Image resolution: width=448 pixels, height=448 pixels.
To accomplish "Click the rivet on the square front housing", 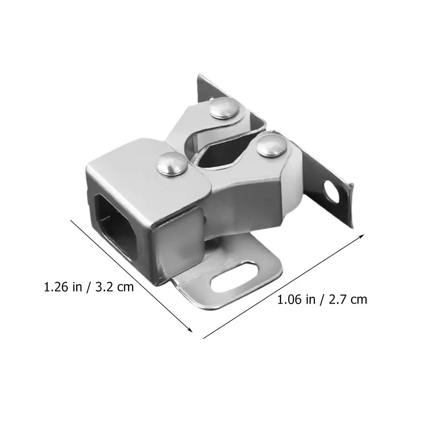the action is (x=173, y=164).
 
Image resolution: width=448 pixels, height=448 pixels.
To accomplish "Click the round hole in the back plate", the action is (x=331, y=192).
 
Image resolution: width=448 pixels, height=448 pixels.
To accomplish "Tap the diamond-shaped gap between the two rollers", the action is (x=223, y=153).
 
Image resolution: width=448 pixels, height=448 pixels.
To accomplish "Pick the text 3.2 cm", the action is (x=114, y=287).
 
